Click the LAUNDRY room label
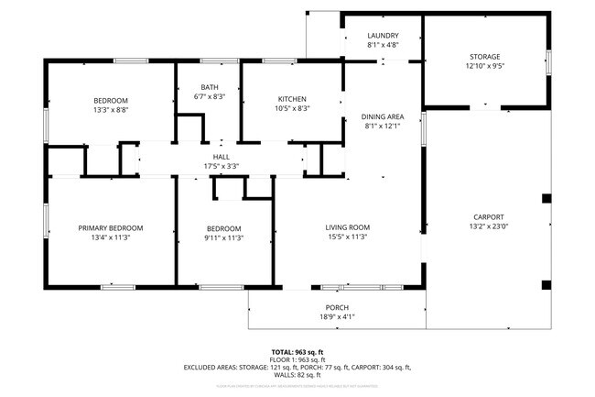(x=383, y=36)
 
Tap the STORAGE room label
(x=485, y=57)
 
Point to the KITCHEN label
(x=292, y=99)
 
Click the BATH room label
(x=210, y=87)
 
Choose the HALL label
(x=221, y=158)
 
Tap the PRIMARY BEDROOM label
(x=111, y=228)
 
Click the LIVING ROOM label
(x=347, y=228)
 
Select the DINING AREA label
(x=383, y=116)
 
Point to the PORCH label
(x=337, y=307)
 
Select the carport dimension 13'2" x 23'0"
(x=488, y=226)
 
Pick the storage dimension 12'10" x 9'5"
(x=485, y=66)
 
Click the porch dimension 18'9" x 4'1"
(x=337, y=316)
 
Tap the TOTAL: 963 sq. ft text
(x=297, y=352)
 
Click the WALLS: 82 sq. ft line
(x=297, y=374)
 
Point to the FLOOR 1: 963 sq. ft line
(x=297, y=359)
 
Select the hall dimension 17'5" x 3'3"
(x=221, y=167)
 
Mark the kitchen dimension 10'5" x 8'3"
(x=292, y=108)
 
